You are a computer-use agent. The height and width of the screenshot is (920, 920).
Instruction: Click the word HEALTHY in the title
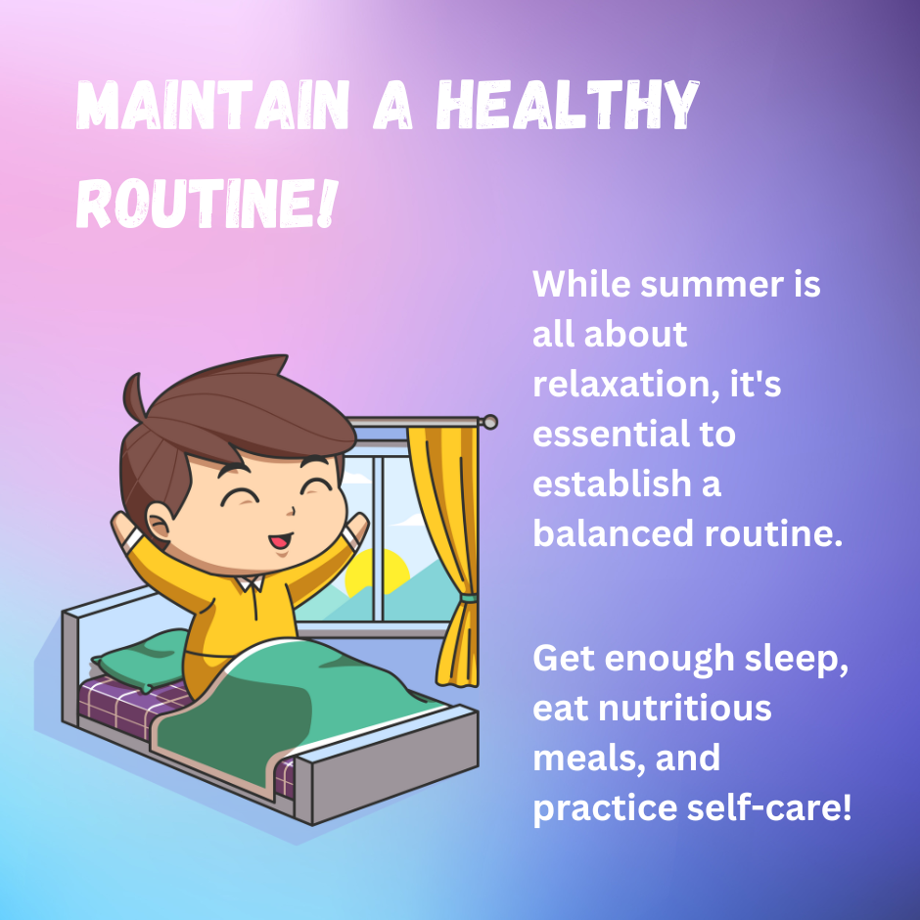568,106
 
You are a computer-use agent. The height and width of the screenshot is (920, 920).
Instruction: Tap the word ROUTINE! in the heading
207,204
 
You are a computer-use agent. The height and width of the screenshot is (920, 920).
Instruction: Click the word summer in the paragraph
712,284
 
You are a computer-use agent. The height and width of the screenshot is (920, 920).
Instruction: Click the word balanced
613,533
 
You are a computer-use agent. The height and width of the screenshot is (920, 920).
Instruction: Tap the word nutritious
684,709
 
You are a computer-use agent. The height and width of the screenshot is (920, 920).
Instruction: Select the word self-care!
768,807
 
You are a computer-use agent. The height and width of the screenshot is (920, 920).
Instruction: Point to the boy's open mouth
280,540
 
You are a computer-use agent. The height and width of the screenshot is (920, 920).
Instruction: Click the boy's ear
159,521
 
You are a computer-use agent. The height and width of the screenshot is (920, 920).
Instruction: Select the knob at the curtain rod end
488,422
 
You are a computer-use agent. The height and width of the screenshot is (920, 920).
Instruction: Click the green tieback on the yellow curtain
469,598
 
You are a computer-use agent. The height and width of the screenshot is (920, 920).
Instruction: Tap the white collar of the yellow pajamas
250,582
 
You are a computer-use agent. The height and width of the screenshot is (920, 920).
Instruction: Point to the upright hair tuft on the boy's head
135,396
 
